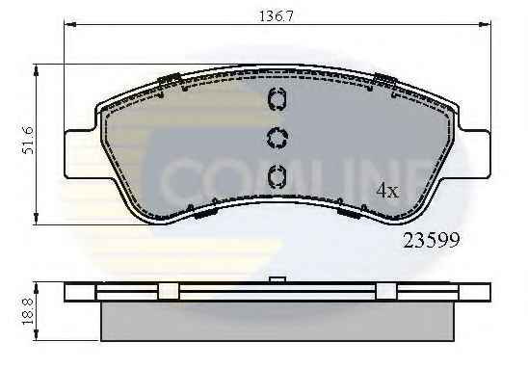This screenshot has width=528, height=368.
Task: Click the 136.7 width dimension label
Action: tap(276, 16)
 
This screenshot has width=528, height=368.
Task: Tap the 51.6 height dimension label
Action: tap(28, 140)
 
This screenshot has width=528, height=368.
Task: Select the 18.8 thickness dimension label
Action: tap(28, 311)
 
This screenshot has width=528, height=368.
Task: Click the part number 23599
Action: tap(432, 241)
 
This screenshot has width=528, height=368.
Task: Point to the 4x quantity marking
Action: tap(387, 191)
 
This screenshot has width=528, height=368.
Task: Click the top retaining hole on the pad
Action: tap(277, 98)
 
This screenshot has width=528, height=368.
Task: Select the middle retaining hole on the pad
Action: tap(277, 138)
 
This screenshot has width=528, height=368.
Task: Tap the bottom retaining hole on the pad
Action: tap(277, 176)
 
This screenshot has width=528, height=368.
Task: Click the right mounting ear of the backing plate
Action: tap(474, 154)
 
